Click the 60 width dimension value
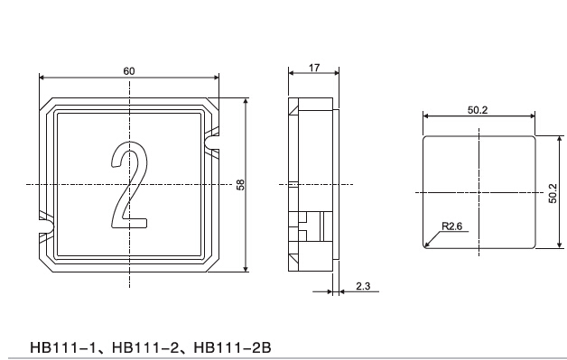[129, 71]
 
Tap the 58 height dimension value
[240, 185]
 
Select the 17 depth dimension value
[314, 68]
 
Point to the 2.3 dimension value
[363, 286]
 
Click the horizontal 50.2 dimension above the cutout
[478, 110]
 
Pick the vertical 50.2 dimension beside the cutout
[553, 193]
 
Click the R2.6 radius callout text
[451, 226]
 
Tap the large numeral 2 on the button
[129, 185]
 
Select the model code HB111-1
[63, 347]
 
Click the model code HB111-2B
[233, 347]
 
